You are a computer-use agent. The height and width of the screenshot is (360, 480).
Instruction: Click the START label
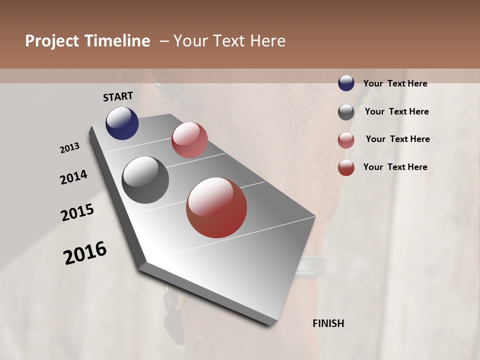(118, 96)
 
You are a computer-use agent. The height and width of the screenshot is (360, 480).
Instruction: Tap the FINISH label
(328, 323)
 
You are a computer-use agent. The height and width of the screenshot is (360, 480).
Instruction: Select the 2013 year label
(70, 148)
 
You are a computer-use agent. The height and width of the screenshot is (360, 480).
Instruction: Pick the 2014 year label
(74, 177)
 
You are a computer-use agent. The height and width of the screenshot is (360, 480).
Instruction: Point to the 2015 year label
(77, 212)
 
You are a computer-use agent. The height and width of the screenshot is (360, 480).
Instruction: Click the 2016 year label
(85, 253)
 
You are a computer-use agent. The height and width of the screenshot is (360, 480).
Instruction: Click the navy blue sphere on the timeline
(122, 123)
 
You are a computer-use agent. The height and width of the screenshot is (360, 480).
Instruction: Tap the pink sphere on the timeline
(189, 140)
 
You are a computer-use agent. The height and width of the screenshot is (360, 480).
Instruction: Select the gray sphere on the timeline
(145, 180)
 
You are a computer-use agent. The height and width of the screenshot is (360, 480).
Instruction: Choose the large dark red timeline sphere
(216, 207)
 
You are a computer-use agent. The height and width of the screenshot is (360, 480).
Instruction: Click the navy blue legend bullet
(346, 83)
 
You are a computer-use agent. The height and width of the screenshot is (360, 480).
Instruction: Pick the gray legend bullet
(346, 112)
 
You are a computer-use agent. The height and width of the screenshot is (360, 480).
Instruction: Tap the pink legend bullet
(346, 140)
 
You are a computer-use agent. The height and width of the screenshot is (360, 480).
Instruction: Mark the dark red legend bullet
(346, 167)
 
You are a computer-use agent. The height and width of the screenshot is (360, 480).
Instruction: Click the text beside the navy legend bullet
(395, 84)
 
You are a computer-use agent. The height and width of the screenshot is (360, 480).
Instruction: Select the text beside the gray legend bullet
(396, 111)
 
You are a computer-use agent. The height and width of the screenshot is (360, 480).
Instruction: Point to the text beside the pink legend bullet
(397, 139)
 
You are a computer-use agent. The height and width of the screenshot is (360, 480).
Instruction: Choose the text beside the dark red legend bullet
(395, 167)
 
